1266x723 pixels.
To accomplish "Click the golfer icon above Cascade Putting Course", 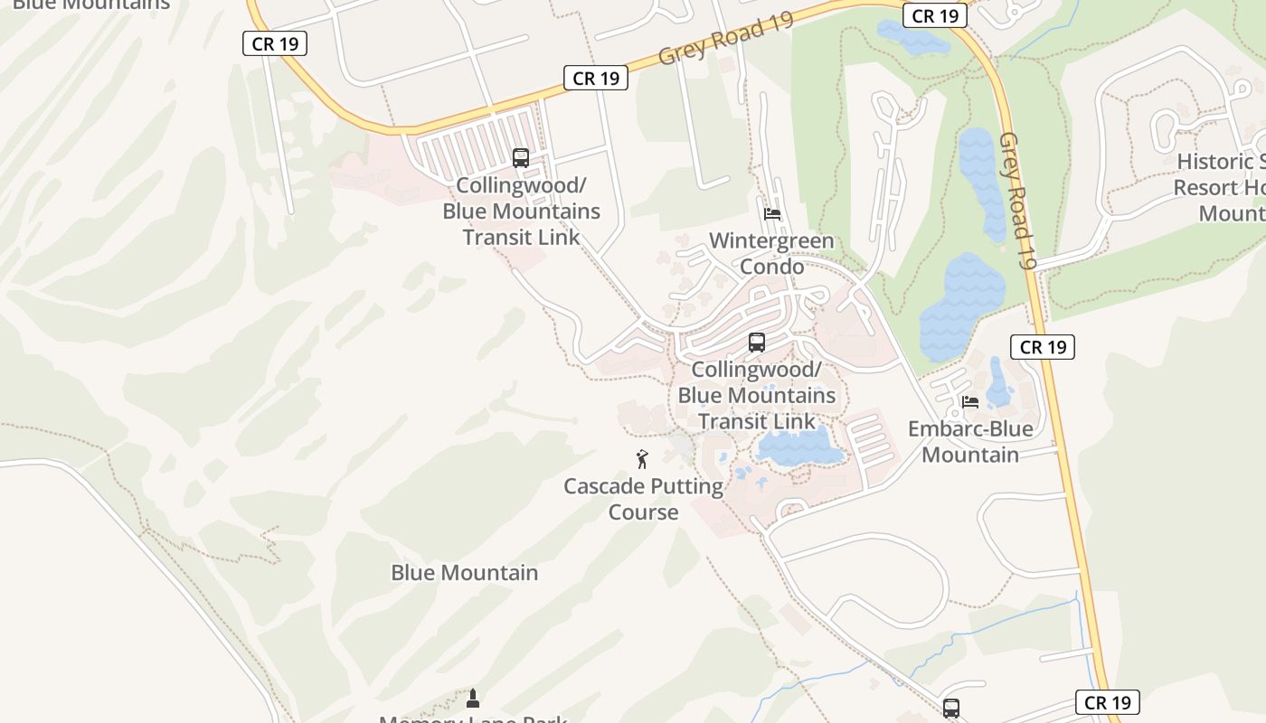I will (642, 459).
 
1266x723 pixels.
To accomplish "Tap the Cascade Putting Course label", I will (643, 499).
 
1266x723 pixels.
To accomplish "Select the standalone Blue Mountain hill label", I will (464, 573).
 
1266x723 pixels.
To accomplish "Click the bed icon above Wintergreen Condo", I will (772, 214).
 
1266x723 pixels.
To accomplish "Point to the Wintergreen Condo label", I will (771, 254).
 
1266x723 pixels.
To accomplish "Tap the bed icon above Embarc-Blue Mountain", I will (970, 401).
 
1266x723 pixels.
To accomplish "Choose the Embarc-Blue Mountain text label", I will (970, 441).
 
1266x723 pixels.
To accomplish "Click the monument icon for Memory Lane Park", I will (472, 698).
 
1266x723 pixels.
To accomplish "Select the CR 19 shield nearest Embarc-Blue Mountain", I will (1043, 347).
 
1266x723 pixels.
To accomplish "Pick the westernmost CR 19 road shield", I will (275, 43).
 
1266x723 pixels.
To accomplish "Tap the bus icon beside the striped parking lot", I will (521, 158).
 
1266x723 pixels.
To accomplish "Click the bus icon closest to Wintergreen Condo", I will (757, 343).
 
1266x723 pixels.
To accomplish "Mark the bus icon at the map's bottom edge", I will (951, 709).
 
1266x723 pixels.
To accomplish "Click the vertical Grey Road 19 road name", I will (1016, 201).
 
